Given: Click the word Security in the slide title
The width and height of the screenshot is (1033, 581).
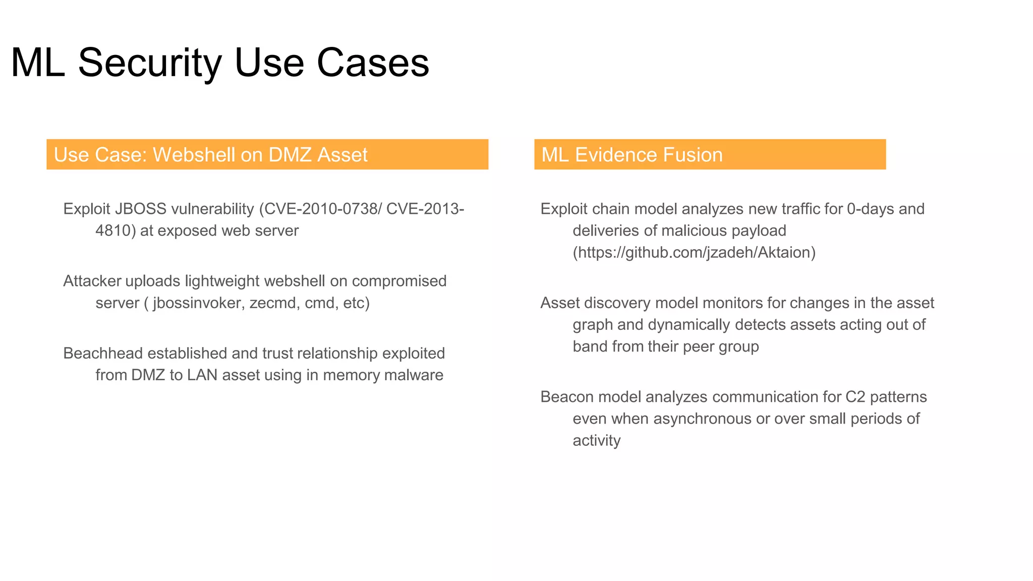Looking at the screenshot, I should (149, 63).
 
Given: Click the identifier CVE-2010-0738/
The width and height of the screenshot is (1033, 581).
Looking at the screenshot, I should (323, 209).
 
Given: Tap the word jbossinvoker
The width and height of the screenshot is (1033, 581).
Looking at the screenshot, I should (197, 303).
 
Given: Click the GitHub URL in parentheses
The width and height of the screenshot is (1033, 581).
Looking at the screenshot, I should (694, 252).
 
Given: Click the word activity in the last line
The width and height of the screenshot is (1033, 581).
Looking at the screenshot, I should (597, 441).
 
